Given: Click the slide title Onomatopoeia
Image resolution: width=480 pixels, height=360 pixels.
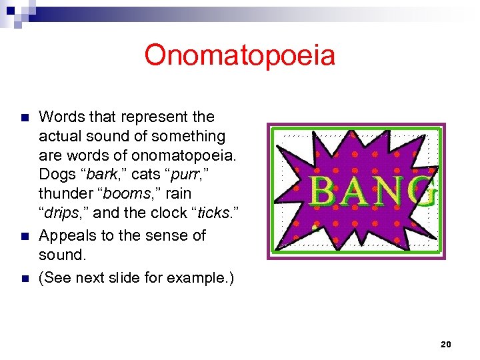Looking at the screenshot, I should (x=239, y=55).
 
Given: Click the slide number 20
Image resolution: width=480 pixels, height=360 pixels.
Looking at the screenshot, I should (x=446, y=344).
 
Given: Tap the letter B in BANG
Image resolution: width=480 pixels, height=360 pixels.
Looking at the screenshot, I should (x=324, y=191).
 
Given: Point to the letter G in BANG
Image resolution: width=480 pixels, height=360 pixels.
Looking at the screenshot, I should (x=425, y=191).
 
